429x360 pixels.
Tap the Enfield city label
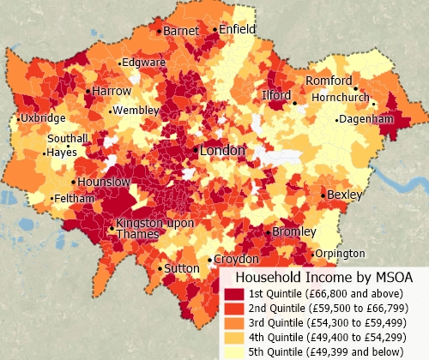[238, 29]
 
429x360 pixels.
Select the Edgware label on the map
[143, 63]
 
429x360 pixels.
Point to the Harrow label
[112, 91]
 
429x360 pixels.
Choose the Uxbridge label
[43, 117]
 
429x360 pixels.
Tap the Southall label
[68, 138]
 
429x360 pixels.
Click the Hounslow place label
[103, 183]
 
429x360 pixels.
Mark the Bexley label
[344, 195]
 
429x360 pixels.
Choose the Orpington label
[340, 254]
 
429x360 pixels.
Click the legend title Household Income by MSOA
[324, 278]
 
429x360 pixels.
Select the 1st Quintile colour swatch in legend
[233, 293]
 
